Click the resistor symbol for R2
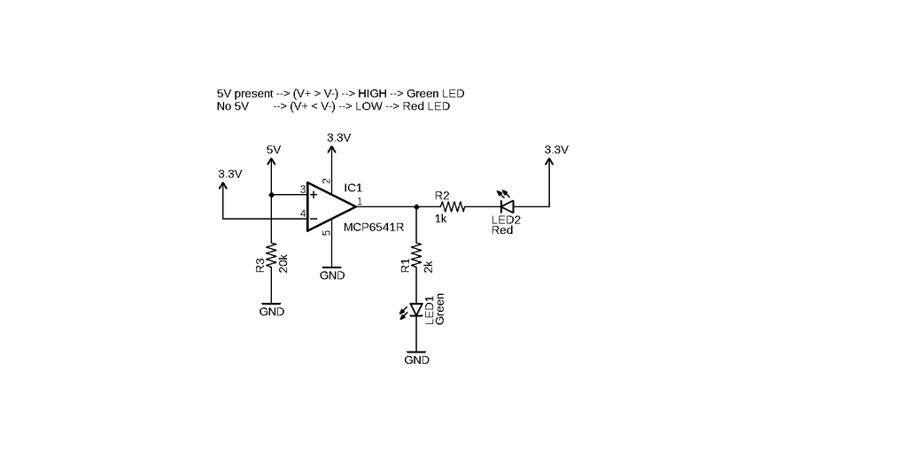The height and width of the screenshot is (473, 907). [453, 206]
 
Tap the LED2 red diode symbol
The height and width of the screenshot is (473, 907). [508, 206]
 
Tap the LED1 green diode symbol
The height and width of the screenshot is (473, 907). [416, 309]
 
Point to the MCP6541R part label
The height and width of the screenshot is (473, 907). [373, 226]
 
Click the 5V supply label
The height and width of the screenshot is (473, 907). [273, 150]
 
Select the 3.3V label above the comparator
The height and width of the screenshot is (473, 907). [338, 138]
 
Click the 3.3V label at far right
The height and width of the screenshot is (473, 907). [556, 150]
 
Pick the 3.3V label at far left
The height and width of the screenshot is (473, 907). [229, 174]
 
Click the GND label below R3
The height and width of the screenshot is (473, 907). [272, 312]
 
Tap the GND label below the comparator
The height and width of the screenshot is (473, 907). [332, 275]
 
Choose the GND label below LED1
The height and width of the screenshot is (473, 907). [416, 361]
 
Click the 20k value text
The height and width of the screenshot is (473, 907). [283, 264]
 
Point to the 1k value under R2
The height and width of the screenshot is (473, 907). [440, 218]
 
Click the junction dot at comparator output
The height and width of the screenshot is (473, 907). [416, 206]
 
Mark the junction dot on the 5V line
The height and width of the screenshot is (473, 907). [272, 194]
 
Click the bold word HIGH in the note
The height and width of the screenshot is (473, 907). [373, 93]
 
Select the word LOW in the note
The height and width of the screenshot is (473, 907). [368, 106]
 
